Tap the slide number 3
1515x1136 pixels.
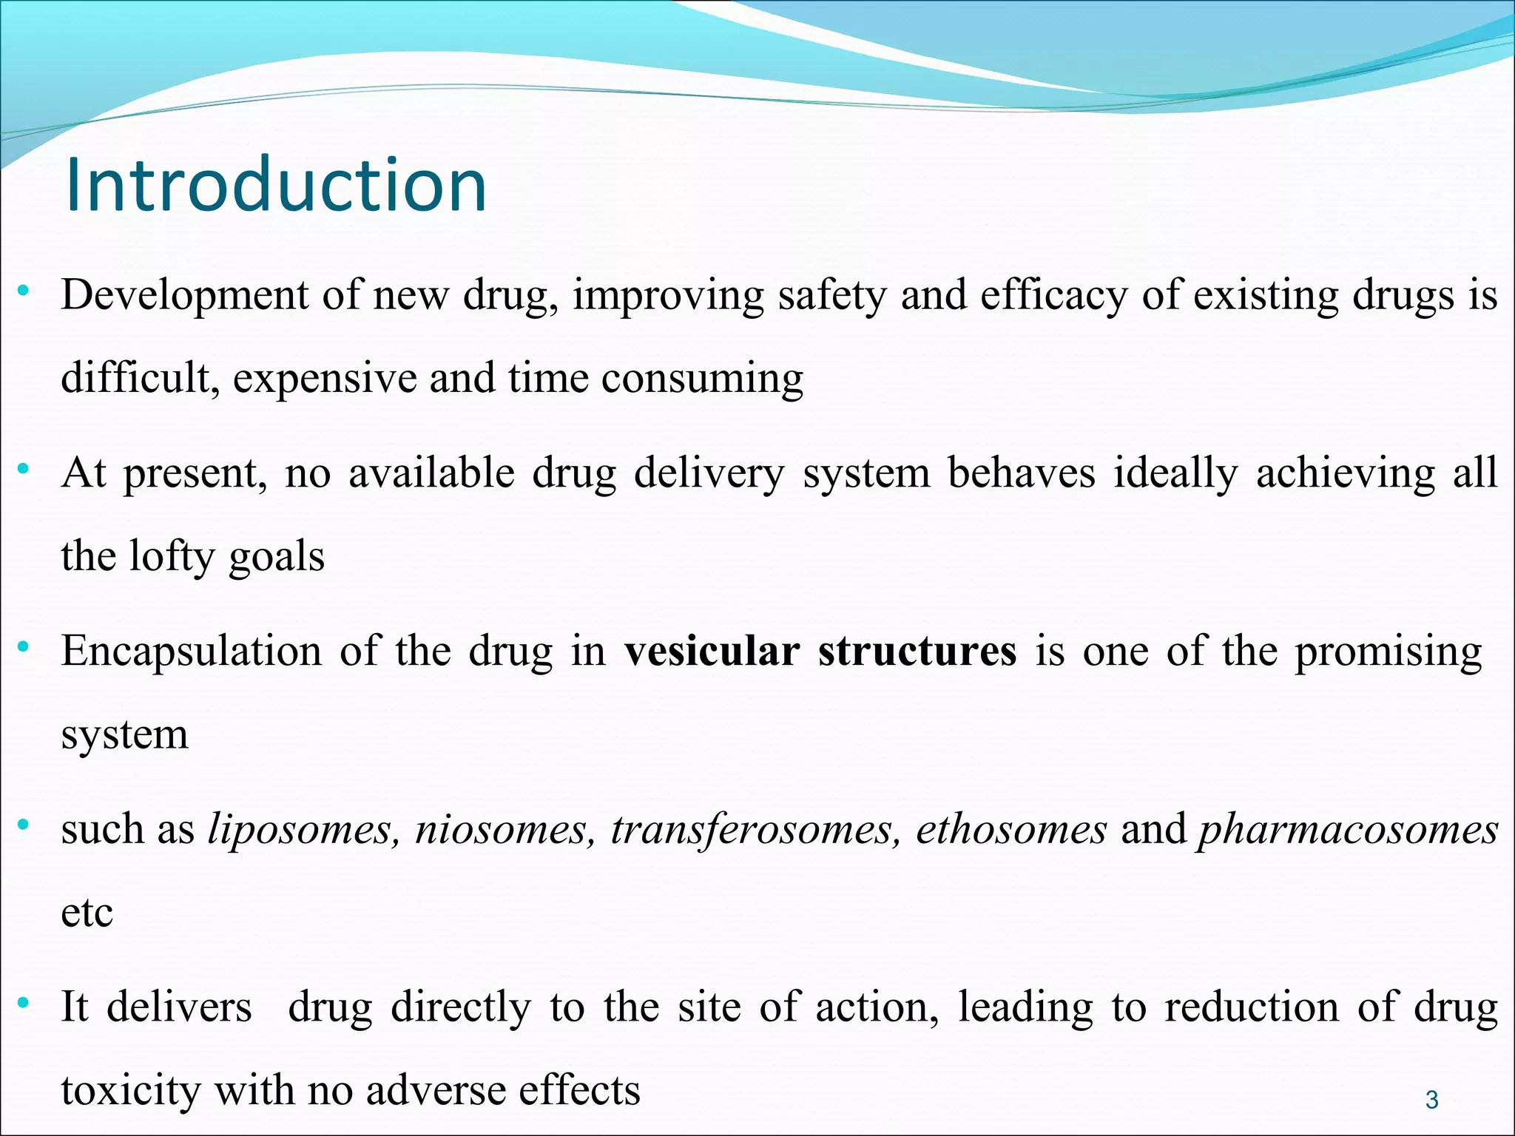click(1431, 1100)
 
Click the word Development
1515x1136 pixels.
click(184, 295)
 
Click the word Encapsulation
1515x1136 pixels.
click(191, 652)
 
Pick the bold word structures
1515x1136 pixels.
click(917, 652)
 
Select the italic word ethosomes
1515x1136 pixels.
click(1011, 829)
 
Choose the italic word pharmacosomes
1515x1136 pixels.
click(1348, 829)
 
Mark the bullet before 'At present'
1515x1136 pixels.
click(24, 468)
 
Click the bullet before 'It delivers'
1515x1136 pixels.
click(24, 1002)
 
